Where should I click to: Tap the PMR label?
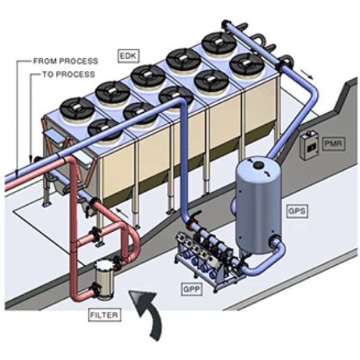click(x=333, y=145)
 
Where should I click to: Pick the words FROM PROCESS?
click(x=65, y=61)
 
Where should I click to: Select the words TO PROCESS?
click(x=68, y=74)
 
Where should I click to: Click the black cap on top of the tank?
click(x=258, y=164)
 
